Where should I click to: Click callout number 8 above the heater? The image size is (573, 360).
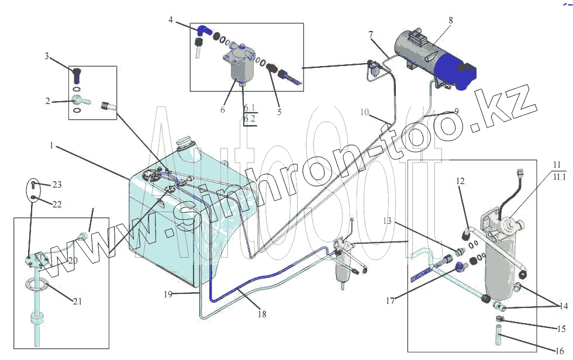[x=451, y=20]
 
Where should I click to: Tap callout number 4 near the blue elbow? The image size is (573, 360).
[x=171, y=20]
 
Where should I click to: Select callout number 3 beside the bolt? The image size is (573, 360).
[x=47, y=56]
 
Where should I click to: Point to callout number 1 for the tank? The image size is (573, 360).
[x=51, y=146]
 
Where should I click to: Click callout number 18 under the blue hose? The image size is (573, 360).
[x=262, y=314]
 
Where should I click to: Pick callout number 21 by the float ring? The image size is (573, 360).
[x=77, y=302]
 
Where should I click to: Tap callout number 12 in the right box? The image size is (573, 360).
[x=461, y=181]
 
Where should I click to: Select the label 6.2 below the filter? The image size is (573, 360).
[x=250, y=118]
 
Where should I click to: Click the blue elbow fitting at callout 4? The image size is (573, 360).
[x=203, y=30]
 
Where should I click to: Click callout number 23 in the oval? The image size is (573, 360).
[x=57, y=185]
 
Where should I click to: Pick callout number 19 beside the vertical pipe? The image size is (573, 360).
[x=168, y=295]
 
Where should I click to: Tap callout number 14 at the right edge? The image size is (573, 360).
[x=564, y=306]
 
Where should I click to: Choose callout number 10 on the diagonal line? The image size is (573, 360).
[x=364, y=112]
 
